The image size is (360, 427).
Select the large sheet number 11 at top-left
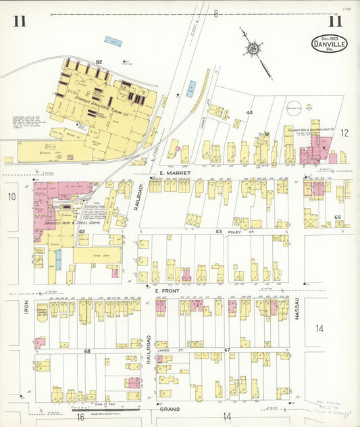(x=19, y=21)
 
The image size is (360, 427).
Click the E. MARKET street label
(x=172, y=174)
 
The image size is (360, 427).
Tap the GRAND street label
(x=168, y=409)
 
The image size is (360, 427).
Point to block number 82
(x=99, y=61)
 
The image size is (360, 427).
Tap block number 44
(x=249, y=112)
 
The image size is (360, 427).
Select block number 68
(x=87, y=351)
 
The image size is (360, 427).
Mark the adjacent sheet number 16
(x=78, y=418)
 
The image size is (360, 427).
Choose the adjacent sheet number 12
(x=344, y=132)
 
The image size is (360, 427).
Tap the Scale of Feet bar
(x=106, y=407)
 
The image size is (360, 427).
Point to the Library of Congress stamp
(x=330, y=409)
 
